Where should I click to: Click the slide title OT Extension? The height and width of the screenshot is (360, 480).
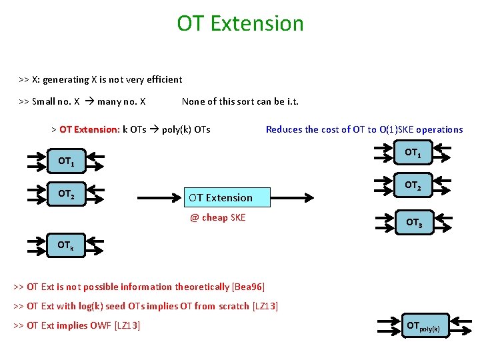pos(240,23)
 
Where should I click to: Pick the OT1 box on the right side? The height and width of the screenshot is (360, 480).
pos(413,153)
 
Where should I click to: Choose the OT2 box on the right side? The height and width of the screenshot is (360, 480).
pos(413,185)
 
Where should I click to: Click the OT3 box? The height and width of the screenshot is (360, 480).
pos(413,223)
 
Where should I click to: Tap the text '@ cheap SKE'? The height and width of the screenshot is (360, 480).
pos(217,218)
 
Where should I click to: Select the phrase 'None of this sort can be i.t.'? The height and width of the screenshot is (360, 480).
pos(240,102)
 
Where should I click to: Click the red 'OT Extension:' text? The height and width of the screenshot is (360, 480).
pos(89,129)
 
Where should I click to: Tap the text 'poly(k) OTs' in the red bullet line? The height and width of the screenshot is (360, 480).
pos(186,129)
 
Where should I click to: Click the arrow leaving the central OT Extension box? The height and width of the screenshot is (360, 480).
pos(293,197)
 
